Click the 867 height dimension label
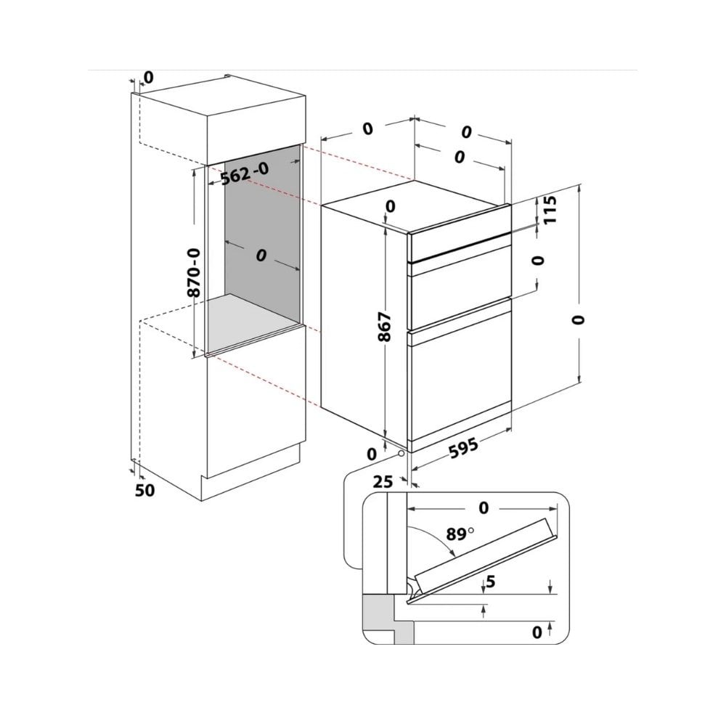pos(385,327)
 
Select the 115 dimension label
pos(549,210)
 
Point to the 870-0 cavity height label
pos(194,273)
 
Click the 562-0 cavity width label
pos(245,174)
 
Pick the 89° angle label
pos(460,534)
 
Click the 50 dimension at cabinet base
pos(144,490)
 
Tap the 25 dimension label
pos(383,482)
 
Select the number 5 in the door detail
pos(491,582)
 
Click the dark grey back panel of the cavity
pos(263,222)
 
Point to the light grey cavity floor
pos(253,320)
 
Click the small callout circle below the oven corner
pos(399,454)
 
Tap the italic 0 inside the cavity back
pos(261,255)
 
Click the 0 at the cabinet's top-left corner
pos(147,78)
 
